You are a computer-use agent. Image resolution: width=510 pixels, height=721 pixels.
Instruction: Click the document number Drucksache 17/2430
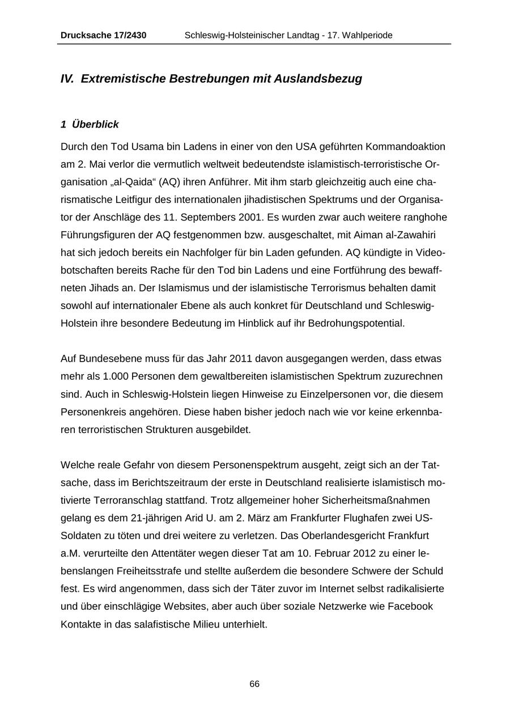coord(103,35)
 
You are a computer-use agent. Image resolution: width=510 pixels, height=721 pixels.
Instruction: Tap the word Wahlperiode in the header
coord(367,35)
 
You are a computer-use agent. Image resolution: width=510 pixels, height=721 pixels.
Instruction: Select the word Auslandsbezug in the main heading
coord(318,79)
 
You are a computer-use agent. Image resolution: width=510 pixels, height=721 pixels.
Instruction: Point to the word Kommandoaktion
coord(405,147)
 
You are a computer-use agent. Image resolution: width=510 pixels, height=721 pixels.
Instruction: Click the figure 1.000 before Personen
coord(96,376)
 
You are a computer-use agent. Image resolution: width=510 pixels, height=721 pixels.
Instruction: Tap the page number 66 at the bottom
coord(254,684)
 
